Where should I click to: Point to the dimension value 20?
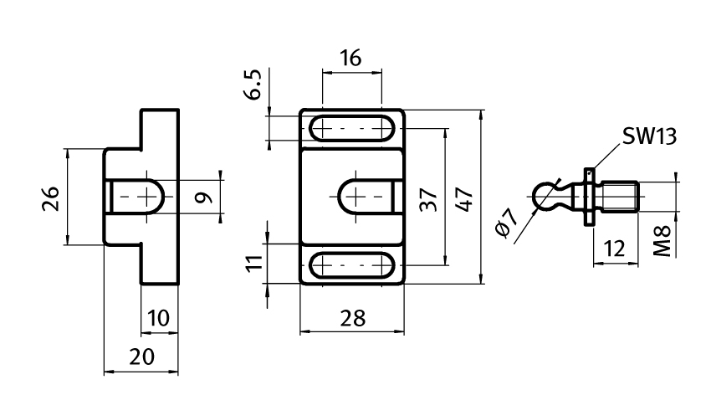coord(141,357)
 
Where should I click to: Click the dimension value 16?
coord(351,59)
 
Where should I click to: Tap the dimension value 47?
coord(466,198)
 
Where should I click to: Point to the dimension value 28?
coord(350,317)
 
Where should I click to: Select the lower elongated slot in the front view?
coord(351,266)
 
